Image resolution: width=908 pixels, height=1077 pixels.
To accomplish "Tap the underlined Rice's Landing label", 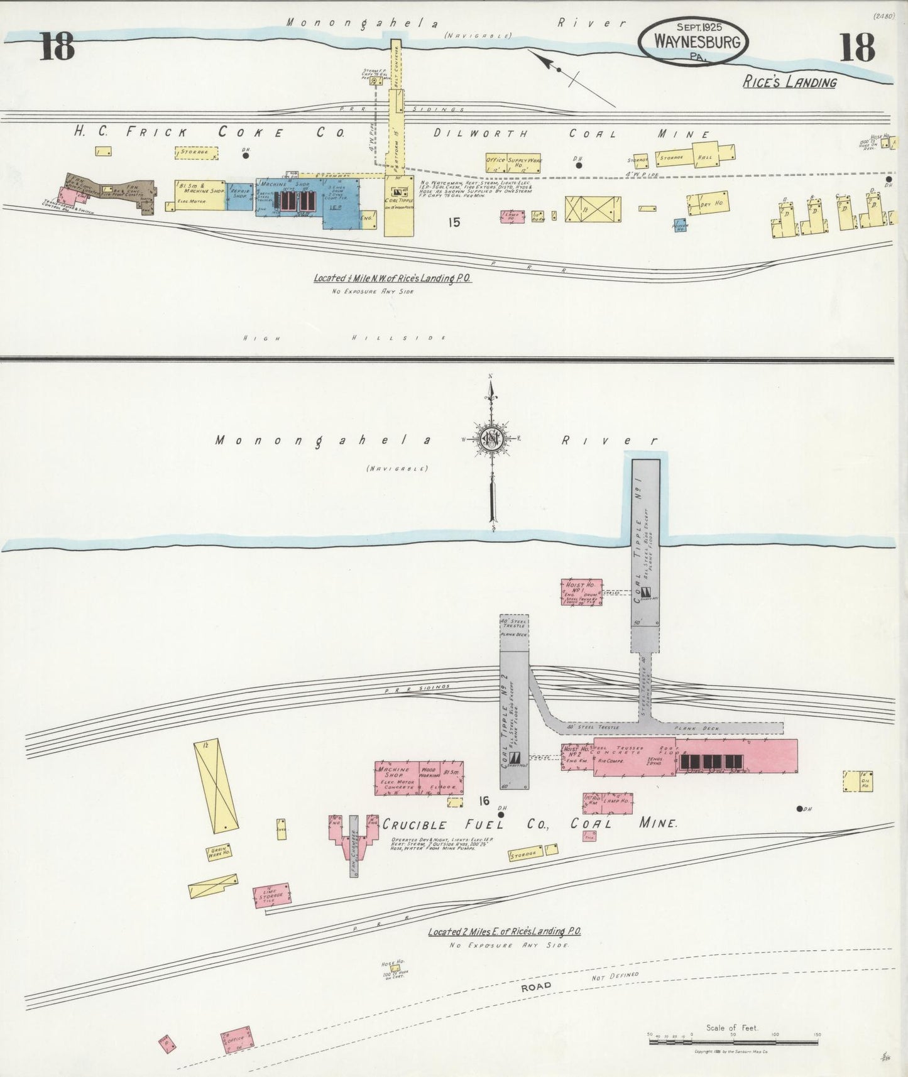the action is click(790, 82).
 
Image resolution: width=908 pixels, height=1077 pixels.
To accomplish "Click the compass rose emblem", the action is click(490, 439).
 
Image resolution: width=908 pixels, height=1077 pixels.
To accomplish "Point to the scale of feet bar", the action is click(733, 1041).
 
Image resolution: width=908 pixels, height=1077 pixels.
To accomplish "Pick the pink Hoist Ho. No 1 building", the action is click(581, 592).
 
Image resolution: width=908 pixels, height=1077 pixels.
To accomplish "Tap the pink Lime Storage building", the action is click(271, 895).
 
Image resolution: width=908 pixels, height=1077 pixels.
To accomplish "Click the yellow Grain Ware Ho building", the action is click(217, 852).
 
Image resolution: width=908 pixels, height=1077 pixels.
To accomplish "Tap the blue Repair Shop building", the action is click(240, 195).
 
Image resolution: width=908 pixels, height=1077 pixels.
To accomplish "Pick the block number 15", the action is click(455, 221).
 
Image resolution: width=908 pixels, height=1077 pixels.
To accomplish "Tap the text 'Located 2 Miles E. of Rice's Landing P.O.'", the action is click(503, 931).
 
